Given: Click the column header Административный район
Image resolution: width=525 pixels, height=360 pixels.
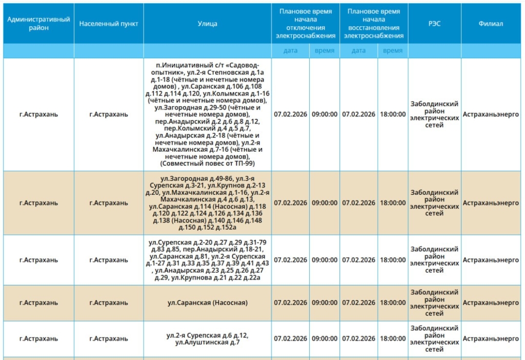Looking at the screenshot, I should pyautogui.click(x=38, y=24).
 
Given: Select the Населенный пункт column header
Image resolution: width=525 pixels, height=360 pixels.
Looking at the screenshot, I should pyautogui.click(x=109, y=24).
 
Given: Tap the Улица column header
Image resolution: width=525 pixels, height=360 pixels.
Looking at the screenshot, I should pyautogui.click(x=207, y=24).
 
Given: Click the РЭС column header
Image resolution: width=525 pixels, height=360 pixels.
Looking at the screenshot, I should pyautogui.click(x=434, y=24).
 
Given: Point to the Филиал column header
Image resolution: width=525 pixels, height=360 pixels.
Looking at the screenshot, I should pyautogui.click(x=491, y=24).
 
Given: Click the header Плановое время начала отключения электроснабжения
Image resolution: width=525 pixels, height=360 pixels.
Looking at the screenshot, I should pyautogui.click(x=306, y=24).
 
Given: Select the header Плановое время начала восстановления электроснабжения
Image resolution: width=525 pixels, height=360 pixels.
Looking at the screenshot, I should pyautogui.click(x=374, y=24).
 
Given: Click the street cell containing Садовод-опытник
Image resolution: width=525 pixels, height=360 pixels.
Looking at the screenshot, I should pyautogui.click(x=207, y=114).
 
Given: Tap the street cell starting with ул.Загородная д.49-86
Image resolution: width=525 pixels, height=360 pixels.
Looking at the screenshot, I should pyautogui.click(x=207, y=203).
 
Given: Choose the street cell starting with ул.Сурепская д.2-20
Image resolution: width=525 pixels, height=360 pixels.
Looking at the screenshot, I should pyautogui.click(x=207, y=259).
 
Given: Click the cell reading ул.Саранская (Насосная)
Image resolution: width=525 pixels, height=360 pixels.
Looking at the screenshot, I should pyautogui.click(x=207, y=303).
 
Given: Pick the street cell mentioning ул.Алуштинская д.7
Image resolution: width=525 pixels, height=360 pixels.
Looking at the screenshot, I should pyautogui.click(x=207, y=338).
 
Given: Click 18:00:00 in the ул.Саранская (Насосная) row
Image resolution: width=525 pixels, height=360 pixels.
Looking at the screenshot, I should pyautogui.click(x=393, y=303).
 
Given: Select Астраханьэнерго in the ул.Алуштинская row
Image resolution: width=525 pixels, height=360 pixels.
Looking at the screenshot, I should pyautogui.click(x=491, y=338).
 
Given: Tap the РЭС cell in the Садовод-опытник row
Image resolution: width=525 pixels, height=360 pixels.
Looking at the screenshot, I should pyautogui.click(x=434, y=114).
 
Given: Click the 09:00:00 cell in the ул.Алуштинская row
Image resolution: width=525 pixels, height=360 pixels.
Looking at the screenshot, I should pyautogui.click(x=325, y=338).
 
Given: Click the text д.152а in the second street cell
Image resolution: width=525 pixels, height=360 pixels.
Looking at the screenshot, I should pyautogui.click(x=226, y=227).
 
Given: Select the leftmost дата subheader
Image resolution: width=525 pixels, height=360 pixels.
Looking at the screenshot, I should pyautogui.click(x=291, y=51).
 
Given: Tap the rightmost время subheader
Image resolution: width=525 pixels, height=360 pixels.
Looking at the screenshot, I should pyautogui.click(x=393, y=51).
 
